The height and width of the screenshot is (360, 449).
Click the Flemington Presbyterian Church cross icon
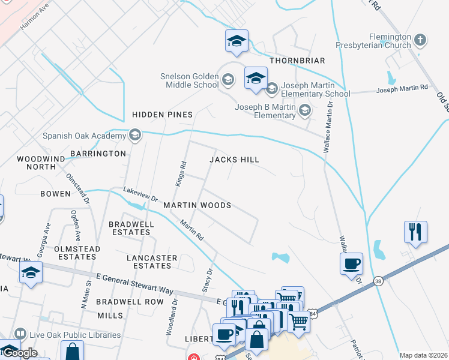pos(420,41)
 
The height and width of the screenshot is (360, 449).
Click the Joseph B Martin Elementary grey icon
pos(305,110)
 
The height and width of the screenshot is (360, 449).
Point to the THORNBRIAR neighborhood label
pos(297,61)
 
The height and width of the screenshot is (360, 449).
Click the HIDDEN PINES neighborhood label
pos(162,114)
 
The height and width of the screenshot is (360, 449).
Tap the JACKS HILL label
pos(234,160)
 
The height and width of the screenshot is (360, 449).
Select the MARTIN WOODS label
pos(197,205)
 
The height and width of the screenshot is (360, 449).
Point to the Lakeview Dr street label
pos(140,194)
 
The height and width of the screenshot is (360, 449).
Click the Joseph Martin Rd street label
pos(402,89)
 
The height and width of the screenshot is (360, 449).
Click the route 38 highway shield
pos(378,280)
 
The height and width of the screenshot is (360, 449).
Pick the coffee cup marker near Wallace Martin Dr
pos(351,263)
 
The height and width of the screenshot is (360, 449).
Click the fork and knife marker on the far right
pos(415,232)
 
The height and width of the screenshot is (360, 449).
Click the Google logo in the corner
pos(20,353)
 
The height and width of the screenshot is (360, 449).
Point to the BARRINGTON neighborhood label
pos(98,154)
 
